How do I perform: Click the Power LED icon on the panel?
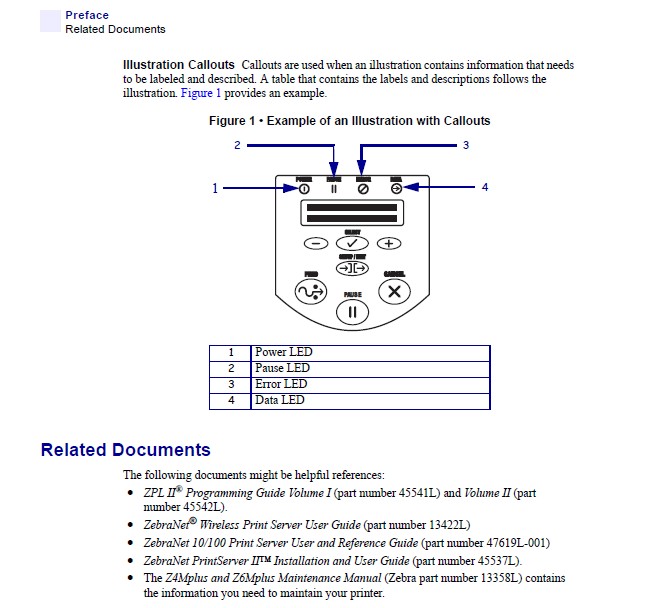click(304, 188)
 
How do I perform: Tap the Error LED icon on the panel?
click(363, 188)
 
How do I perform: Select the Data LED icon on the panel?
click(396, 188)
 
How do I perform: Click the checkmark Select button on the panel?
click(352, 243)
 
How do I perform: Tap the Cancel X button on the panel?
click(394, 292)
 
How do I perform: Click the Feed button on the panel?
click(311, 292)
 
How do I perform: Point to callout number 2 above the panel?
click(237, 145)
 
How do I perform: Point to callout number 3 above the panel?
click(465, 145)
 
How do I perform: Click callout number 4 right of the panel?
click(484, 187)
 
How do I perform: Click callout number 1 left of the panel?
click(214, 187)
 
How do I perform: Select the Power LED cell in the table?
click(284, 352)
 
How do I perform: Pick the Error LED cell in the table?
click(281, 384)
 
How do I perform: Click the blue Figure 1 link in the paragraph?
click(201, 93)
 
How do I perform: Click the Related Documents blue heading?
click(125, 450)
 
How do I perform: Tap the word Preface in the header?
click(87, 15)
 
